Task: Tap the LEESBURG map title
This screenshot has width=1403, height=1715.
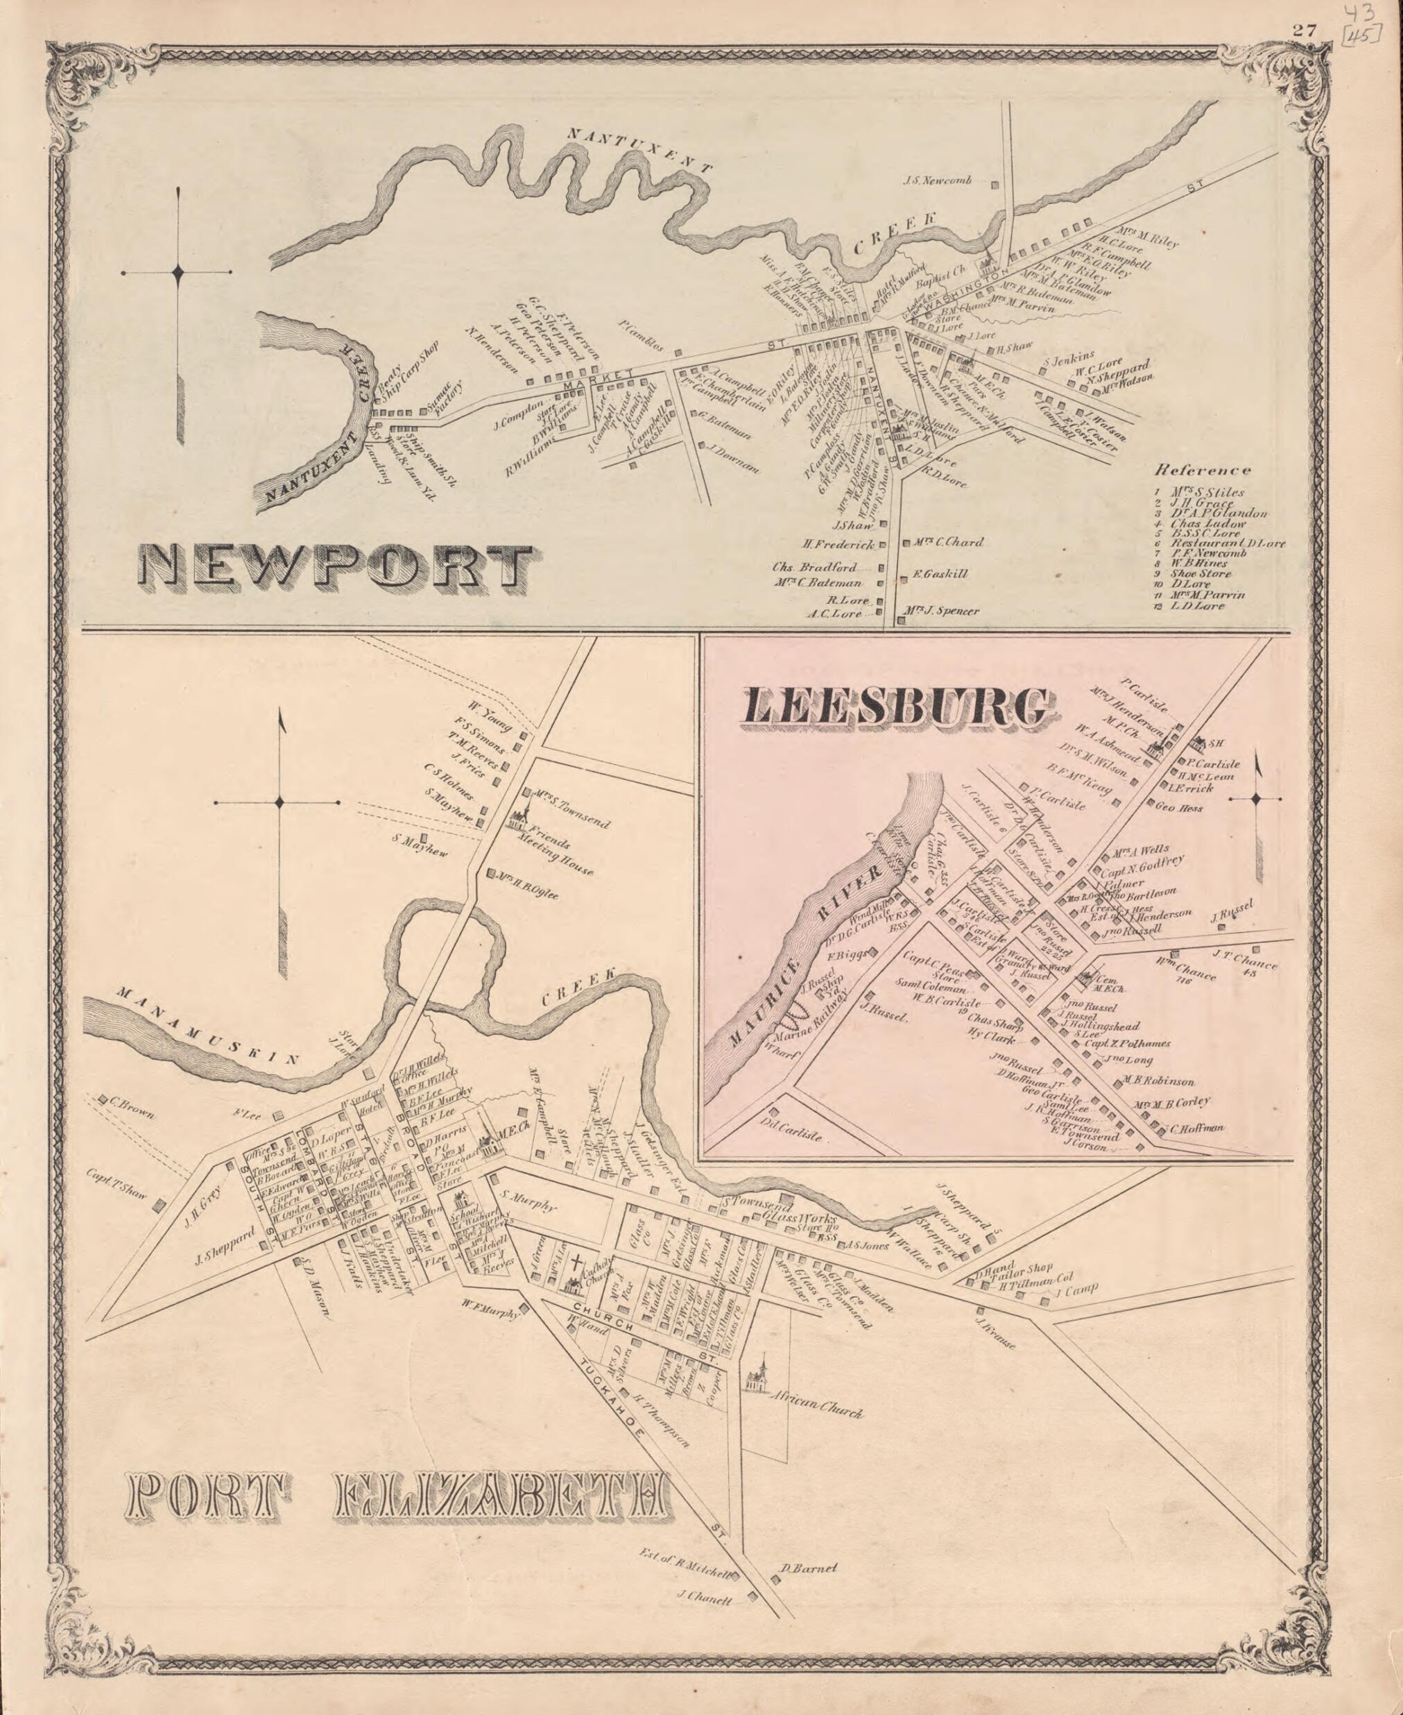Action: pyautogui.click(x=899, y=709)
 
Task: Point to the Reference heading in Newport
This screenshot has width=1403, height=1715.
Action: pyautogui.click(x=1203, y=470)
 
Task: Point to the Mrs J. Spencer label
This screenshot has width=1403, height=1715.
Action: pyautogui.click(x=942, y=611)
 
